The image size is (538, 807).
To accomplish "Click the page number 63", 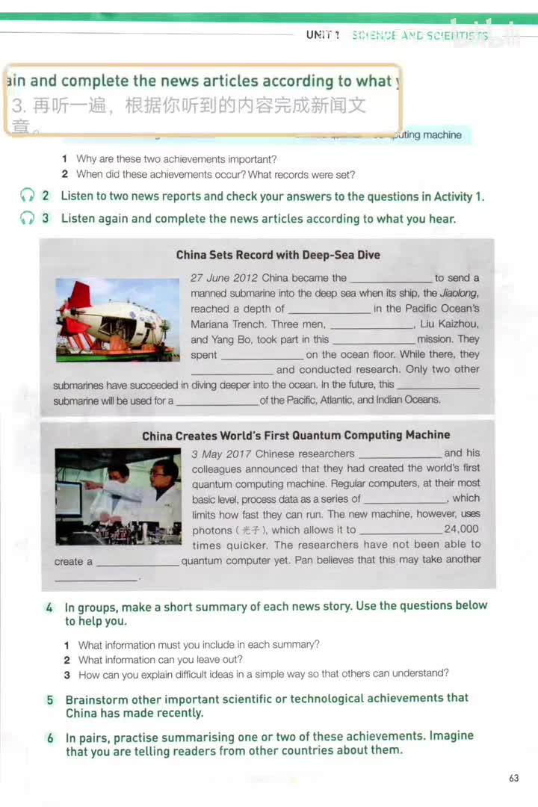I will (513, 778).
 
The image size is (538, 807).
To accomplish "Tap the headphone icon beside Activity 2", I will (28, 197).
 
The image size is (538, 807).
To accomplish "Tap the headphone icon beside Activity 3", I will (28, 219).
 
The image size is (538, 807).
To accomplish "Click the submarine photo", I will (117, 320).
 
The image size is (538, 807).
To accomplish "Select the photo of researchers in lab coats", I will (117, 496).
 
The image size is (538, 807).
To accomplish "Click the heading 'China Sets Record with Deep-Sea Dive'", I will (278, 255).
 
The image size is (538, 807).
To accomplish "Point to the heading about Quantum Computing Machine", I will (296, 435).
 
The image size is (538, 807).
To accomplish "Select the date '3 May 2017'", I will (221, 454).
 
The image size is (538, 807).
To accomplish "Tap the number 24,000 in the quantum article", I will (461, 529).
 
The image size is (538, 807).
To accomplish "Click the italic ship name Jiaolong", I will (458, 293).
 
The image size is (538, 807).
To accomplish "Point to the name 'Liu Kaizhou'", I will (449, 324).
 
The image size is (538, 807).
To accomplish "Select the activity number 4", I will (49, 607).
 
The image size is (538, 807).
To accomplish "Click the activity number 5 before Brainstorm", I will (50, 700).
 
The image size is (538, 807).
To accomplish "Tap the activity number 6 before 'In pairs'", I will (50, 738).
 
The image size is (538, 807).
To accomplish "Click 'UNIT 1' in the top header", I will (323, 35).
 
